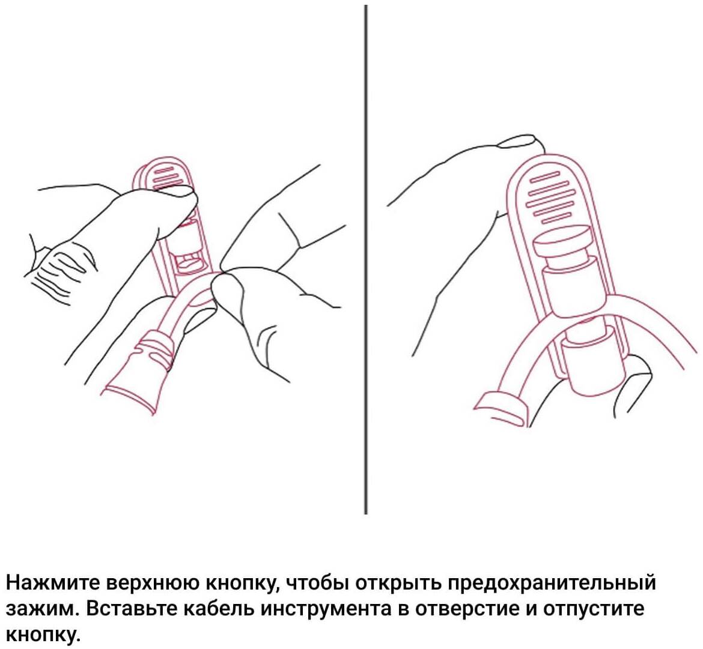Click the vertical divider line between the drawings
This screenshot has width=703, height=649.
[x=366, y=259]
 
